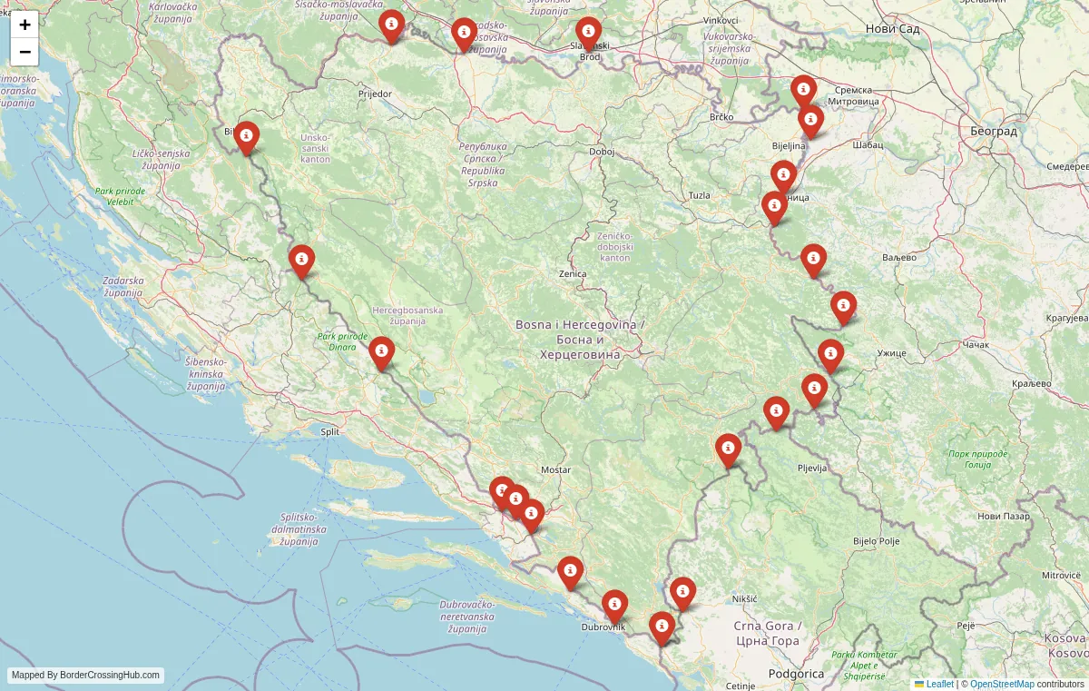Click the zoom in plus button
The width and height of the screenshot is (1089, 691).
pos(25,25)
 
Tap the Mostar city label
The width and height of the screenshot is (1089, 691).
pos(555,469)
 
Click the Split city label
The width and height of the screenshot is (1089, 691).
pos(330,431)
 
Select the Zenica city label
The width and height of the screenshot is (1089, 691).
pos(573,273)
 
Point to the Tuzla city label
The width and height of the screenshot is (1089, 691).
pos(699,195)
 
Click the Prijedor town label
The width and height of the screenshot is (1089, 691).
pos(375,94)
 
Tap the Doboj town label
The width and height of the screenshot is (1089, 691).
pos(602,152)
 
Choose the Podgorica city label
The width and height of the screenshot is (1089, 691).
pos(796,674)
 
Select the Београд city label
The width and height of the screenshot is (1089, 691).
pos(993,131)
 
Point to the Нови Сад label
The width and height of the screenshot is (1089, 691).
pos(893,29)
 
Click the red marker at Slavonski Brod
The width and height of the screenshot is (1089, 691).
pos(588,34)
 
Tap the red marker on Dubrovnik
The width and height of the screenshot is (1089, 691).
pos(614,606)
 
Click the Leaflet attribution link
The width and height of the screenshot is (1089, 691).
pos(939,684)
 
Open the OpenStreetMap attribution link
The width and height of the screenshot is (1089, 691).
pos(1002,684)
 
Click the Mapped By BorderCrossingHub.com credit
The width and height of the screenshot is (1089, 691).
pos(86,675)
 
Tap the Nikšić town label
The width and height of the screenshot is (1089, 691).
pos(744,599)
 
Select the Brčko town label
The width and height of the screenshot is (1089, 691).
pos(721,117)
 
